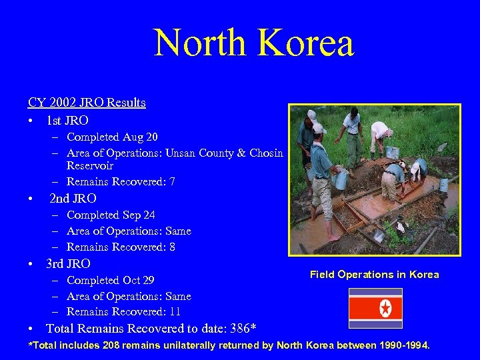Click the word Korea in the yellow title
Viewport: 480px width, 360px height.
305,43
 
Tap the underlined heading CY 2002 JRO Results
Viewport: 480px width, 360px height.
87,103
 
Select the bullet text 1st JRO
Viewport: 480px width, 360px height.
67,121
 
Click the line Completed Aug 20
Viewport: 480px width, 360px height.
112,137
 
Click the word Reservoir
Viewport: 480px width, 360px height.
90,166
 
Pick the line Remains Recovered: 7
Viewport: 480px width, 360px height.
121,181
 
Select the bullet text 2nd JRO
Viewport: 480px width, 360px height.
73,199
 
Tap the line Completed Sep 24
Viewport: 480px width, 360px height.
111,215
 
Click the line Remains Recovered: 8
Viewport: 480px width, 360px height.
121,247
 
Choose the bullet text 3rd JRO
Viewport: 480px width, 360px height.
68,264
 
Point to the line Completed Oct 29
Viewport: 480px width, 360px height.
111,280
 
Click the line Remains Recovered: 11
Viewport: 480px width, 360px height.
124,311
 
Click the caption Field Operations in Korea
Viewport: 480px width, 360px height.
374,275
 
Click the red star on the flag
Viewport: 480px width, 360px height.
385,308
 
